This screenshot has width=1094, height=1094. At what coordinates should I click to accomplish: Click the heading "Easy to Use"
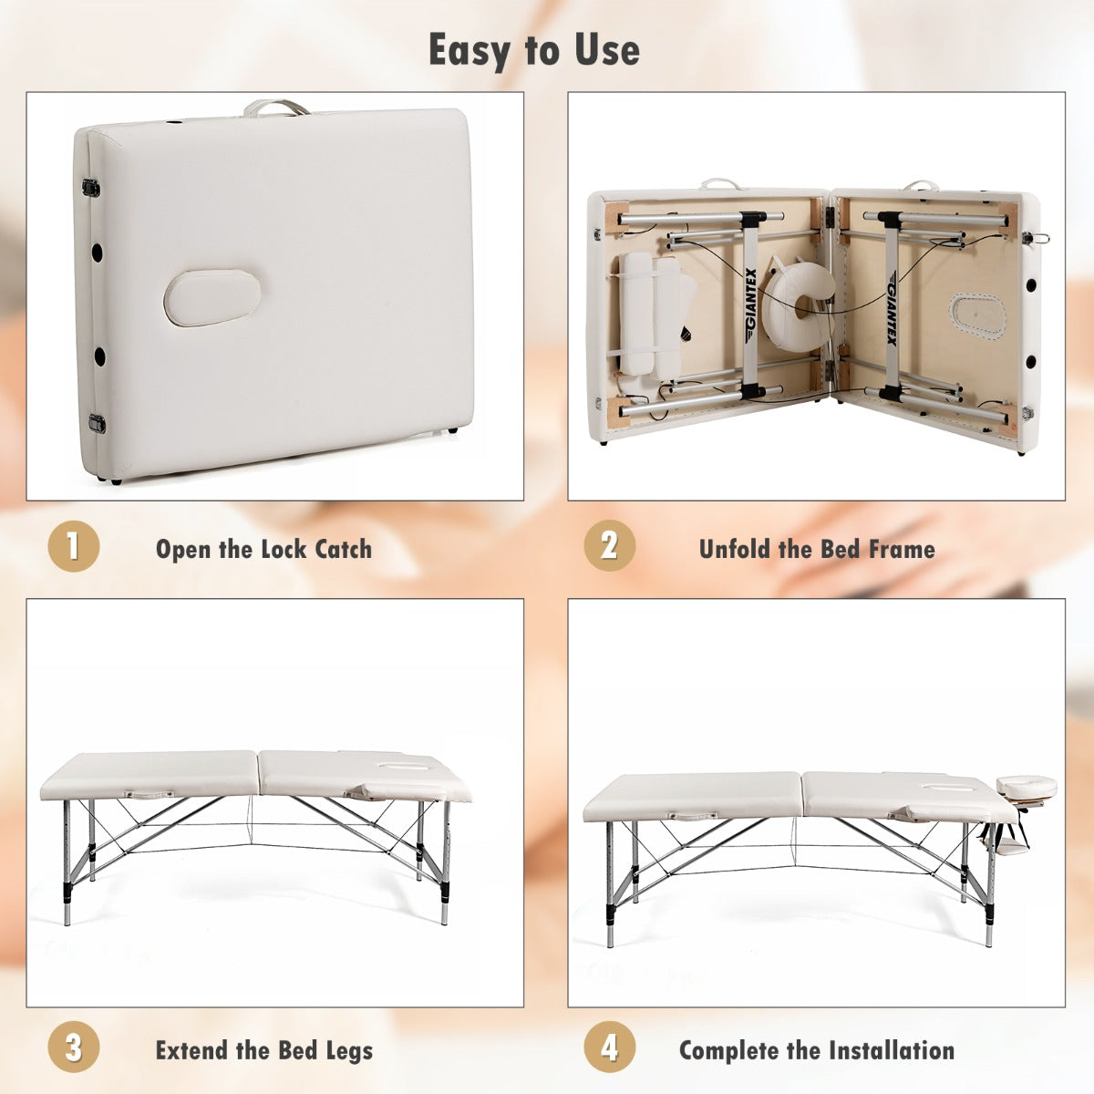tap(534, 50)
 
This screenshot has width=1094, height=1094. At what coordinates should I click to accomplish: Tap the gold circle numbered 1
tap(73, 546)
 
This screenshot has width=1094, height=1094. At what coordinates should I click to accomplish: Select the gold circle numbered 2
tap(609, 546)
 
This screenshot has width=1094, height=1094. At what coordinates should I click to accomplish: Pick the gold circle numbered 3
tap(73, 1047)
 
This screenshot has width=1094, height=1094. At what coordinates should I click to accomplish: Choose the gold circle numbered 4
tap(609, 1047)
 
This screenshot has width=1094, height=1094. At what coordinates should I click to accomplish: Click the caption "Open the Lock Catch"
tap(264, 549)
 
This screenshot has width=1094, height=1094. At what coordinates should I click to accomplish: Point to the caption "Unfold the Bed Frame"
tap(817, 549)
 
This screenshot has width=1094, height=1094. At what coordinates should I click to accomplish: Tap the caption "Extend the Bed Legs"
tap(264, 1050)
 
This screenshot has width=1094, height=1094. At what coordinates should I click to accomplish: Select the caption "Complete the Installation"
tap(817, 1050)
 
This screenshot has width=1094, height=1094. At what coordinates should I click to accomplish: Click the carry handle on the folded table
tap(276, 107)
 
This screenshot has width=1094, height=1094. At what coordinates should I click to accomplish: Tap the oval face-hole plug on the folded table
tap(212, 297)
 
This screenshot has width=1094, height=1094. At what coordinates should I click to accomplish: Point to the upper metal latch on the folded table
tap(91, 188)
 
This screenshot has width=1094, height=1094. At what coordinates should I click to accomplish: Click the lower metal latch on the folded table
tap(97, 424)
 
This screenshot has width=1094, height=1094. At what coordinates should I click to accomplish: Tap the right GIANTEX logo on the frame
tap(892, 310)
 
